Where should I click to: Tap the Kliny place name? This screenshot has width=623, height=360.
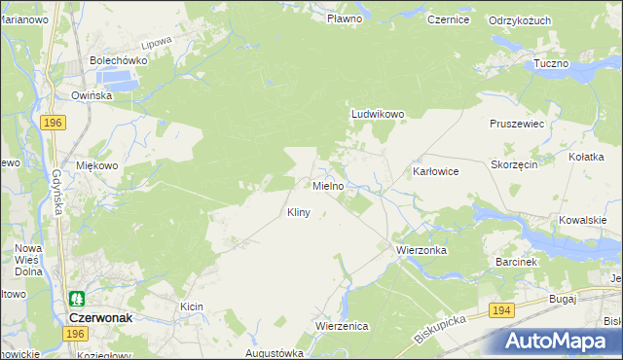pos(298,212)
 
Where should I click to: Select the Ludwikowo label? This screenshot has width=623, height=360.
pos(377,114)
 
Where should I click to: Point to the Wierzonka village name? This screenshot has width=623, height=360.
pos(421,250)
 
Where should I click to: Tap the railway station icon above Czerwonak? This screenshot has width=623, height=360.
pos(75,299)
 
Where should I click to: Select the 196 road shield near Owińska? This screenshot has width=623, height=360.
pos(54,122)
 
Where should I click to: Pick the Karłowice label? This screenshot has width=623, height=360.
pos(435,170)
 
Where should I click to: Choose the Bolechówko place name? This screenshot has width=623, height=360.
pos(118,60)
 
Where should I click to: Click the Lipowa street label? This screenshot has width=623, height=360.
pos(156,44)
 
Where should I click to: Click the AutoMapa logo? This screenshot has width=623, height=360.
pos(557,342)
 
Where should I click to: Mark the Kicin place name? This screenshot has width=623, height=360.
pos(191,306)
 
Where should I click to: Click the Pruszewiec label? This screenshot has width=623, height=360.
pos(516,125)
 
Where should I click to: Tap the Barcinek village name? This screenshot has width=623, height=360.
pos(516,262)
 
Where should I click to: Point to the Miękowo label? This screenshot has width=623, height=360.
pos(97,165)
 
